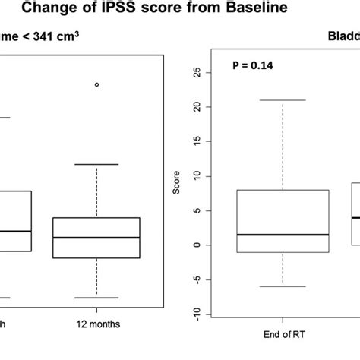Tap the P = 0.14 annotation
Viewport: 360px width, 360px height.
pyautogui.click(x=253, y=66)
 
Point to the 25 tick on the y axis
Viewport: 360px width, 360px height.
pyautogui.click(x=197, y=73)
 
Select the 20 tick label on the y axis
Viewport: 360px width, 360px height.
pyautogui.click(x=197, y=107)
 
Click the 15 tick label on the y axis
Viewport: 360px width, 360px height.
pyautogui.click(x=197, y=141)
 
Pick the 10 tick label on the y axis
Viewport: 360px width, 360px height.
pyautogui.click(x=197, y=176)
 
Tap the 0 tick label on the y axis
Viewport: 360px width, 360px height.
pyautogui.click(x=197, y=245)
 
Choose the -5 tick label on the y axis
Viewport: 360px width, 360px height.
pyautogui.click(x=197, y=279)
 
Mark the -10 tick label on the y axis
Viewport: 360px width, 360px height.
pyautogui.click(x=197, y=314)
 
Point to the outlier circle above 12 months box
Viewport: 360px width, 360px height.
pyautogui.click(x=96, y=84)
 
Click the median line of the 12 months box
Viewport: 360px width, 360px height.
pyautogui.click(x=96, y=237)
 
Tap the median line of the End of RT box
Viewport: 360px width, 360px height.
pyautogui.click(x=282, y=235)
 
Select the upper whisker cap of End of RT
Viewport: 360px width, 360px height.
pyautogui.click(x=282, y=100)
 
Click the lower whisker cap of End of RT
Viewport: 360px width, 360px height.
pyautogui.click(x=282, y=286)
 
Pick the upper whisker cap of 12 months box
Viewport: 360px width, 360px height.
pyautogui.click(x=96, y=164)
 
